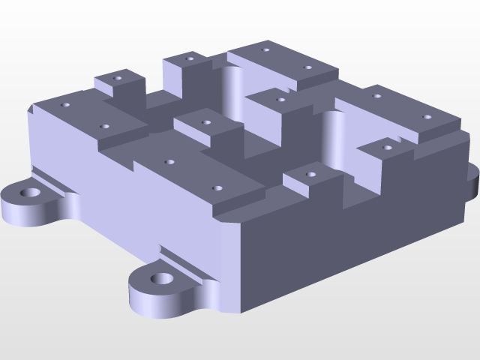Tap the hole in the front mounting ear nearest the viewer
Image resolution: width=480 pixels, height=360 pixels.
click(x=160, y=280)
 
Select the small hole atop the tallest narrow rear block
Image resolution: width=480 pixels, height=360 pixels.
click(x=190, y=57)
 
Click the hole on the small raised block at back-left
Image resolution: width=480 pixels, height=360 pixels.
click(x=116, y=77)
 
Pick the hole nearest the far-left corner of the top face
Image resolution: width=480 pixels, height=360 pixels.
click(x=65, y=105)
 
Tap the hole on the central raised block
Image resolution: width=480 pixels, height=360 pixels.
click(x=205, y=121)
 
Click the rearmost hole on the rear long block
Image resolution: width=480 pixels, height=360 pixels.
click(x=265, y=50)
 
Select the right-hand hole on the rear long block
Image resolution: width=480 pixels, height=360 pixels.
click(x=307, y=68)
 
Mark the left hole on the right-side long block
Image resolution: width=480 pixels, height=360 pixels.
click(x=376, y=96)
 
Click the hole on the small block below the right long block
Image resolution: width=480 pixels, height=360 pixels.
click(x=387, y=148)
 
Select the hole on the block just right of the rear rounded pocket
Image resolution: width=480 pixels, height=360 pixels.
click(x=281, y=99)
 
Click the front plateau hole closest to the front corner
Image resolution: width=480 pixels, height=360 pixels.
click(x=217, y=189)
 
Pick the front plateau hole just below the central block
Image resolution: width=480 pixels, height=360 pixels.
click(x=169, y=161)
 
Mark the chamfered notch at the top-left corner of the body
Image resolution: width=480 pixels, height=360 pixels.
click(x=31, y=110)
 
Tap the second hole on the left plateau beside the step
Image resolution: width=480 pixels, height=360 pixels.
click(x=105, y=127)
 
